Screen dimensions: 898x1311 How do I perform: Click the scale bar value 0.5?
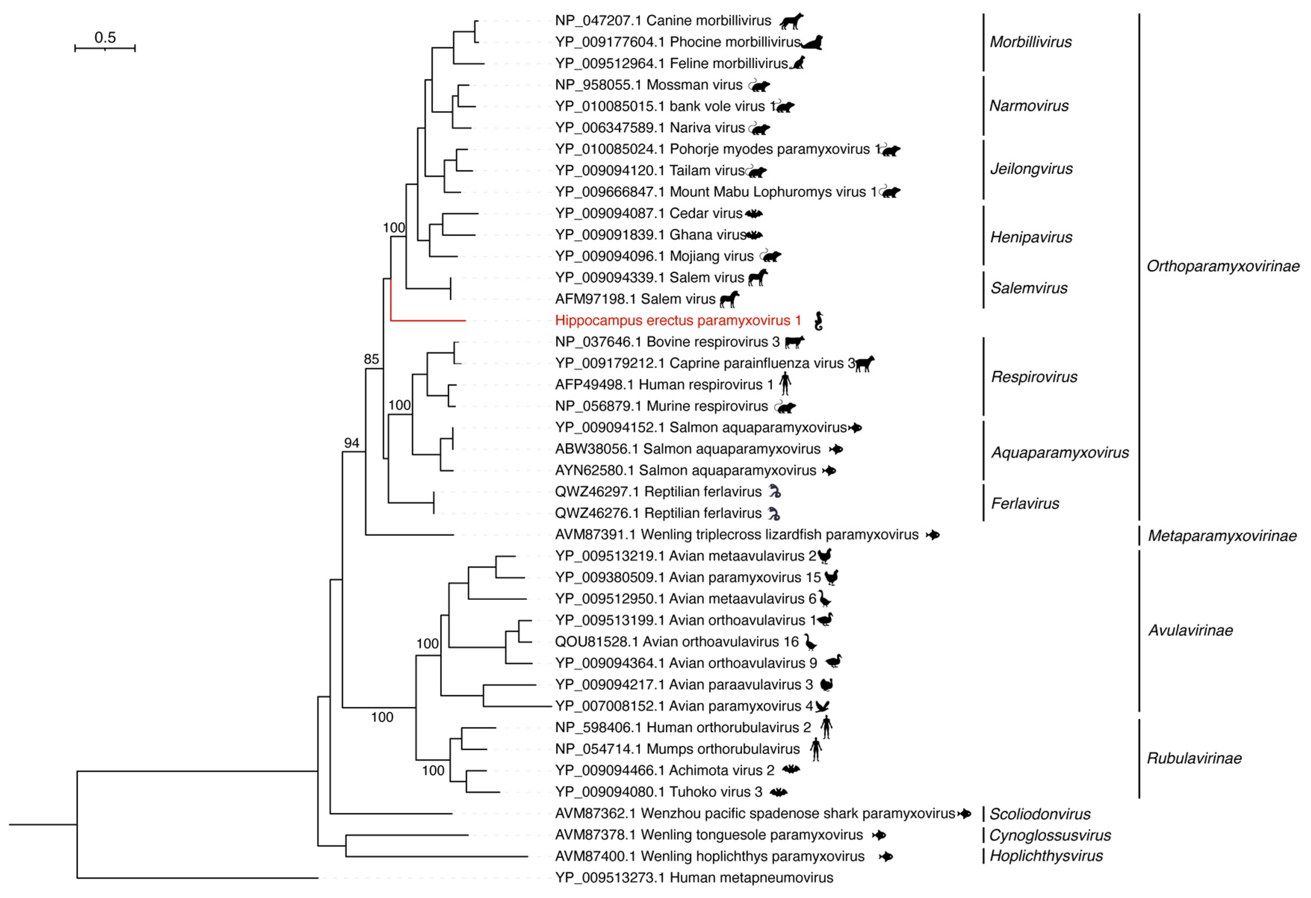[x=105, y=37]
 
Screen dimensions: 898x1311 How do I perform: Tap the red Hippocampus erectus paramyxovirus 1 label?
[x=677, y=320]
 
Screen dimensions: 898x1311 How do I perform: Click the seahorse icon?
[x=818, y=321]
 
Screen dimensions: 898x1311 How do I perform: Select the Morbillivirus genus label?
[x=1030, y=42]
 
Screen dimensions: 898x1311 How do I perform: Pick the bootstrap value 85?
[x=371, y=359]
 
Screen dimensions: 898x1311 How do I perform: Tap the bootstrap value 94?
[x=351, y=443]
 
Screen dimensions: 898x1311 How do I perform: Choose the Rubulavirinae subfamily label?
[x=1194, y=758]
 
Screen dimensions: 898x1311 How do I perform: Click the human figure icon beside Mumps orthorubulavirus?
[x=816, y=749]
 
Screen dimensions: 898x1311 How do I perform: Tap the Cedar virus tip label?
[x=648, y=213]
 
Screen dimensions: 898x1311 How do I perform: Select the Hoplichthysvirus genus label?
[x=1046, y=856]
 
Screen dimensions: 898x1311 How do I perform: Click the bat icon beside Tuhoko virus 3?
[x=779, y=792]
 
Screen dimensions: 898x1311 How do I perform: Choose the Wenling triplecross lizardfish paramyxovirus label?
[x=736, y=534]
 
